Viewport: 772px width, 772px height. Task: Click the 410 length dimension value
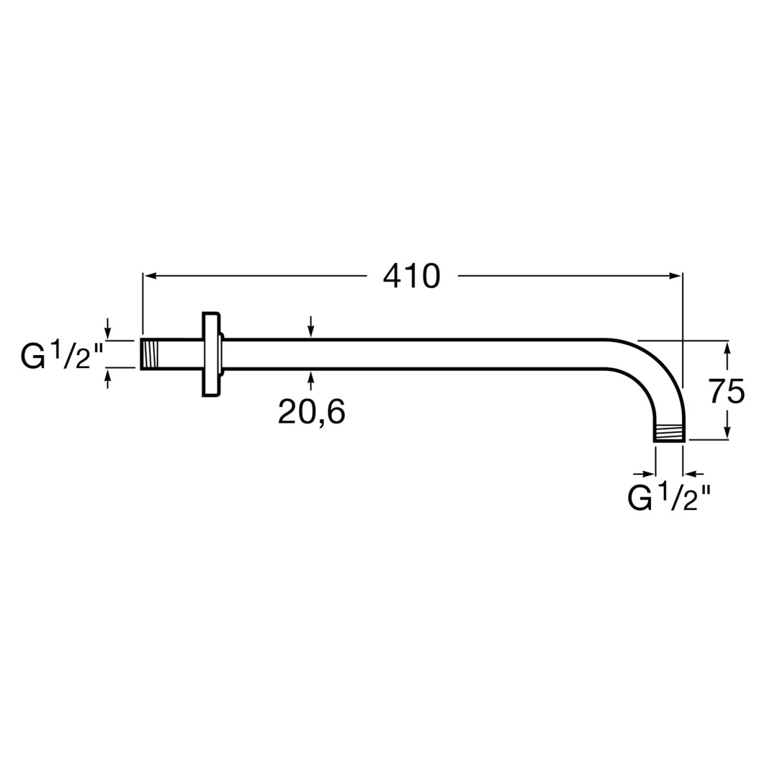tap(412, 277)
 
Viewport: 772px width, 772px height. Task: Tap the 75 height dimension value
tap(726, 391)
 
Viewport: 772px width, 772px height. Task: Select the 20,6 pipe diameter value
tap(311, 412)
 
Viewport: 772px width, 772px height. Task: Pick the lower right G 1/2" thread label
tap(669, 497)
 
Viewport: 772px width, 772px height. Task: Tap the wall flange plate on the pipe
tap(211, 354)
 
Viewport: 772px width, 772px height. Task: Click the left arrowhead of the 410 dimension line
tap(150, 275)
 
